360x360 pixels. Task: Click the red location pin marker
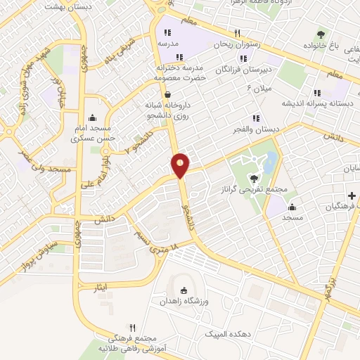click(181, 165)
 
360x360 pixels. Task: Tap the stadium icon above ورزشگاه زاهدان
click(184, 290)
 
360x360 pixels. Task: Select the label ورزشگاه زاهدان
click(184, 301)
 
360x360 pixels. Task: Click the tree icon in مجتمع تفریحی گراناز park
click(253, 178)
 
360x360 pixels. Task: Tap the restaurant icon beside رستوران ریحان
click(237, 33)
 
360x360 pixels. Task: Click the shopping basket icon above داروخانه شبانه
click(167, 94)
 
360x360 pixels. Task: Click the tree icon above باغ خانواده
click(321, 34)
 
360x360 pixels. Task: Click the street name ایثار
click(101, 288)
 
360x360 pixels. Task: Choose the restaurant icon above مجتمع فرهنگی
click(132, 328)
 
